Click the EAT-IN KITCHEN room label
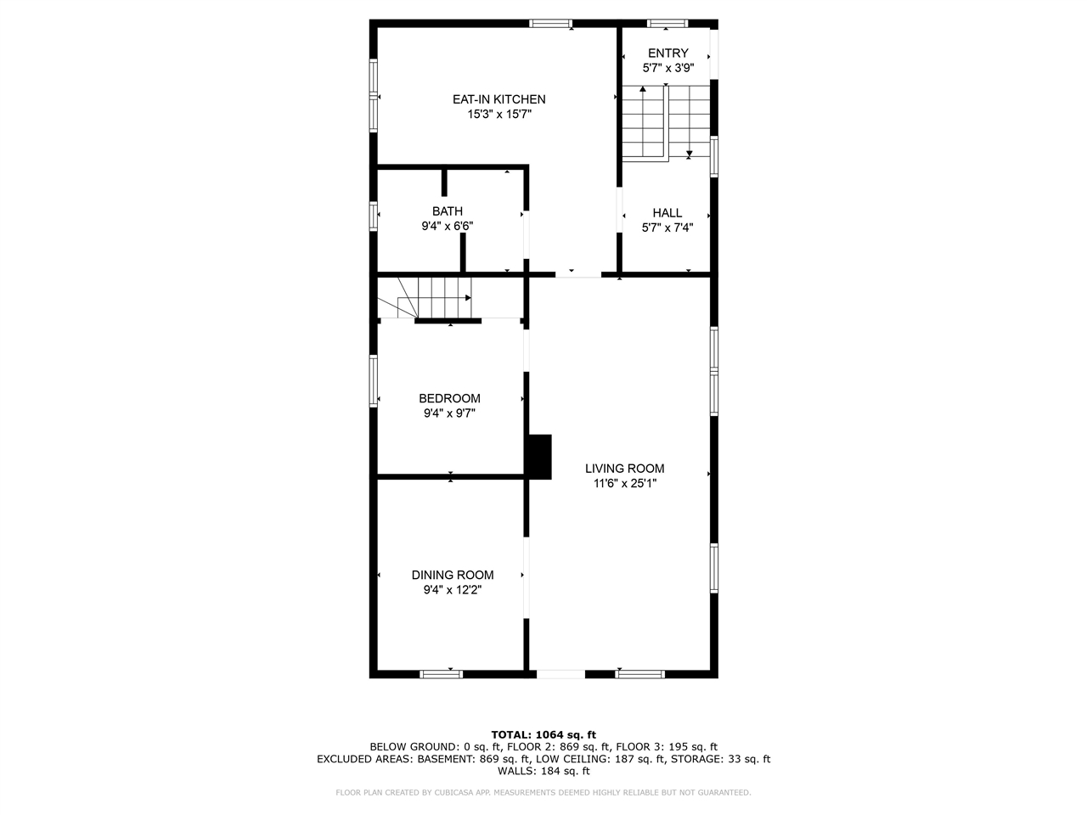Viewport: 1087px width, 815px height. coord(498,99)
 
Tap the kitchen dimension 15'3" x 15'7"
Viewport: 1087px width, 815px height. coord(498,114)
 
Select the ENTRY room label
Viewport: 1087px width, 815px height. coord(668,53)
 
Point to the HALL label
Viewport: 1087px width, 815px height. coord(667,213)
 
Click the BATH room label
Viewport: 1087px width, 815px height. coord(448,211)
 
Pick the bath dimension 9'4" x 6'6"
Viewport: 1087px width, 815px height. coord(448,227)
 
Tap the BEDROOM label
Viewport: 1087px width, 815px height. coord(449,398)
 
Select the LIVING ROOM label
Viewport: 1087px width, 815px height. coord(624,469)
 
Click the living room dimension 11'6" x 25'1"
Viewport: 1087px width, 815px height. coord(624,484)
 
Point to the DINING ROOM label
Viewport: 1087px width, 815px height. coord(453,575)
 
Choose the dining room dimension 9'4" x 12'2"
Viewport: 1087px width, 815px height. coord(453,590)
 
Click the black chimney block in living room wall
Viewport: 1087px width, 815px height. coord(539,457)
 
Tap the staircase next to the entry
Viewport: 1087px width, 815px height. coord(666,122)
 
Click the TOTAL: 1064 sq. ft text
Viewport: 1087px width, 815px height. coord(543,734)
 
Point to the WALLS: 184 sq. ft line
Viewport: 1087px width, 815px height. coord(543,771)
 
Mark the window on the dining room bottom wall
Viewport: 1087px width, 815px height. coord(442,674)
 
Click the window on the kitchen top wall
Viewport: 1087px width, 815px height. coord(550,24)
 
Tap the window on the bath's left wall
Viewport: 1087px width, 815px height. coord(374,215)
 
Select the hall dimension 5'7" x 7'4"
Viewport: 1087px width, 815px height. coord(667,228)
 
